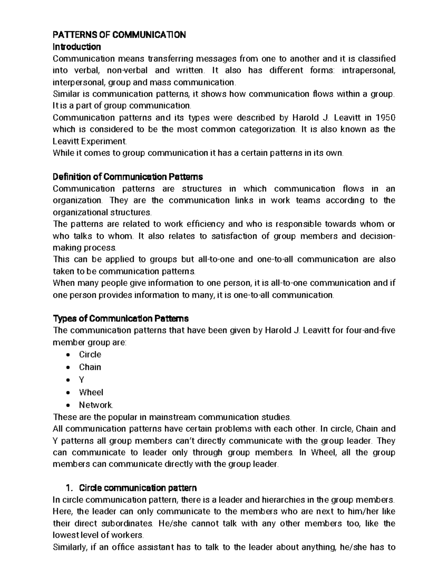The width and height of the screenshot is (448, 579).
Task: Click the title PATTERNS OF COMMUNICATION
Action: click(x=119, y=35)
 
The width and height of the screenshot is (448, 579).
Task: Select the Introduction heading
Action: click(x=77, y=47)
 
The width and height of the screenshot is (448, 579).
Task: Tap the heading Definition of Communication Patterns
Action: click(x=128, y=176)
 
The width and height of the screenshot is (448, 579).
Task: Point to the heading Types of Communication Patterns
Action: click(x=121, y=319)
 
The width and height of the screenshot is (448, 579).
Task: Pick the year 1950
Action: click(x=385, y=118)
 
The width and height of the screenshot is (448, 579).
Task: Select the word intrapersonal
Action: click(x=368, y=70)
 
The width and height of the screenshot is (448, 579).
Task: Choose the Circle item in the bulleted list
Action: click(x=90, y=355)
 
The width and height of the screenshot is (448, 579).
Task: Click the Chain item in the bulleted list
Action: click(x=90, y=367)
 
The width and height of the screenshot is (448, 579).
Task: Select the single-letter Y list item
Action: click(x=81, y=380)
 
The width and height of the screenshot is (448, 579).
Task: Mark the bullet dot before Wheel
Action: click(x=68, y=393)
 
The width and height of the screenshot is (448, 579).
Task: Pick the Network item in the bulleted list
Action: click(x=96, y=405)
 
